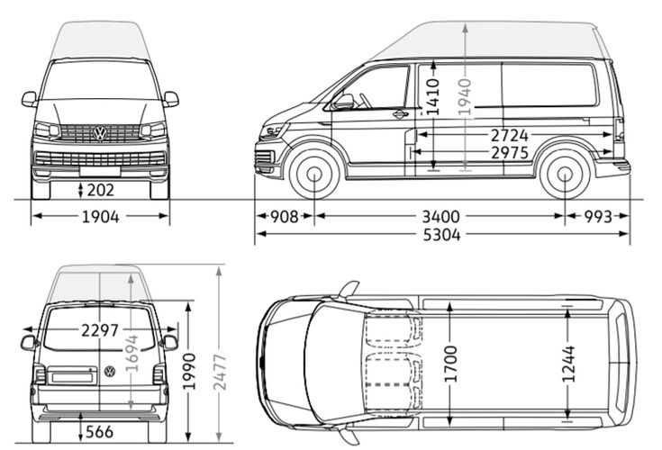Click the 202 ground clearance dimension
click(x=101, y=190)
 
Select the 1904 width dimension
click(x=101, y=217)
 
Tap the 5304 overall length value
click(x=441, y=235)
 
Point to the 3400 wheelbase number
click(x=440, y=217)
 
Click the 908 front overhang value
click(x=284, y=217)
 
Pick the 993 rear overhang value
click(x=598, y=217)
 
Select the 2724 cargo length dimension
click(x=509, y=136)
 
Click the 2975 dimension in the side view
click(x=510, y=153)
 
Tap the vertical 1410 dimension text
click(x=433, y=97)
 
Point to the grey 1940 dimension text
click(x=465, y=96)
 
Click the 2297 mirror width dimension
click(x=100, y=330)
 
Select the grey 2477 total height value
click(x=220, y=373)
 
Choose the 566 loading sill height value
click(x=99, y=432)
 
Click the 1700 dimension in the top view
click(x=450, y=364)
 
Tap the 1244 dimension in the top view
click(x=568, y=364)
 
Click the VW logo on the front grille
click(x=100, y=133)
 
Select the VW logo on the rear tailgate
click(x=110, y=372)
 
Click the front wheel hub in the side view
click(x=314, y=174)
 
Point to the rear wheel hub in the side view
click(x=565, y=174)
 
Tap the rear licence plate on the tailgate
click(x=71, y=377)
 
